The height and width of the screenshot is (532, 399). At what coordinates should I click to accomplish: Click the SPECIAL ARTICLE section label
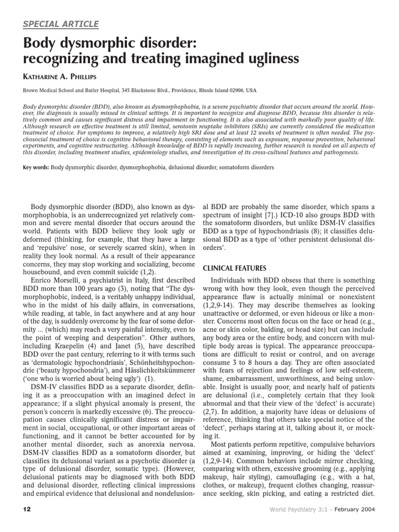coord(60,24)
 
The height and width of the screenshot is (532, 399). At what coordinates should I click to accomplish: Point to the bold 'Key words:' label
coord(36,168)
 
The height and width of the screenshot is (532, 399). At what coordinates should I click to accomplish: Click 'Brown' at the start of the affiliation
coord(31,90)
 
